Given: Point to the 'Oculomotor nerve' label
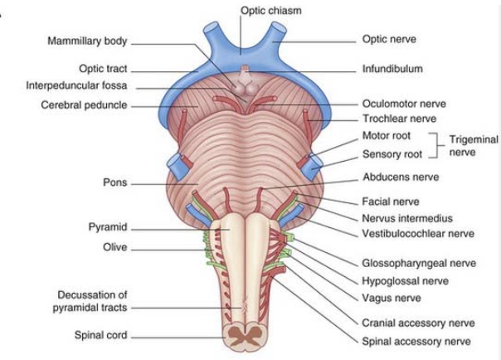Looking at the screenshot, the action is (404, 105).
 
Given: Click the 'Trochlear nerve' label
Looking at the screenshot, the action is (400, 119).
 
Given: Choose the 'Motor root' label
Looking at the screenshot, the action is (387, 135).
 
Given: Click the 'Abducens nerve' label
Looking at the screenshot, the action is (401, 177).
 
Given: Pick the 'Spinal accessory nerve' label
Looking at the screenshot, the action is (412, 340).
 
